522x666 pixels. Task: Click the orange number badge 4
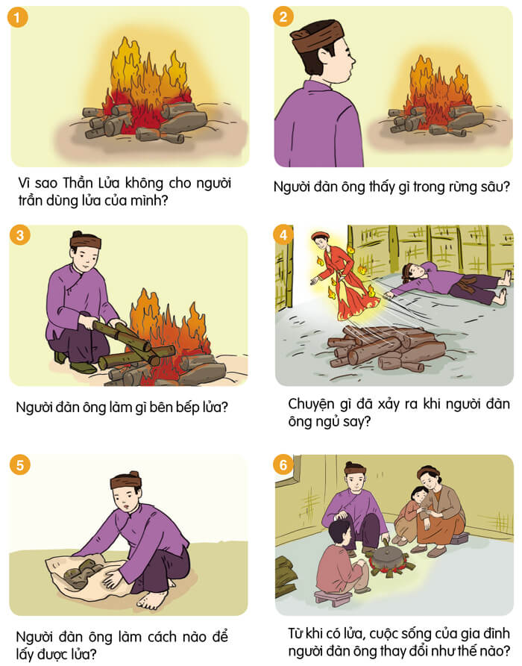point(283,236)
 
